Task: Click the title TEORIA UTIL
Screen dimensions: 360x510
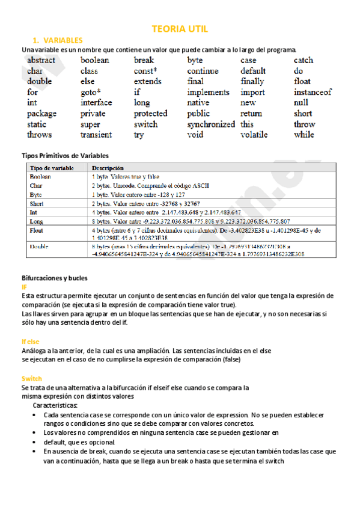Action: coord(180,29)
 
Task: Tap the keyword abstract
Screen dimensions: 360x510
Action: coord(41,60)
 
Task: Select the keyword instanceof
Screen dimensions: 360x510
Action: coord(313,93)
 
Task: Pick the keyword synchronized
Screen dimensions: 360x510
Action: coord(211,124)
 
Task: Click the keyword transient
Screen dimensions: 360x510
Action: coord(96,135)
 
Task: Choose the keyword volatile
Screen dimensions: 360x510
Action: coord(254,135)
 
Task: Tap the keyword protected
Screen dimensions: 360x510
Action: coord(150,114)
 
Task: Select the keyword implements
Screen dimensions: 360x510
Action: coord(208,93)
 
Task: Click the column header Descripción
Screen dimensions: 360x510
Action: coord(108,168)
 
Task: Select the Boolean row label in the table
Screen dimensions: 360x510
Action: coord(40,177)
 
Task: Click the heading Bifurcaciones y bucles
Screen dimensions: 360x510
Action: coord(54,278)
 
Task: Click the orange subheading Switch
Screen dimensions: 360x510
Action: coord(31,379)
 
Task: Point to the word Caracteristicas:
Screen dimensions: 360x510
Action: coord(59,406)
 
